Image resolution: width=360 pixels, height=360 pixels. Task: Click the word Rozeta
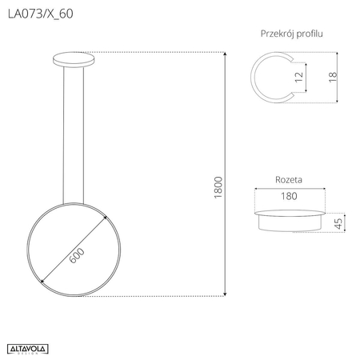tap(289, 180)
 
